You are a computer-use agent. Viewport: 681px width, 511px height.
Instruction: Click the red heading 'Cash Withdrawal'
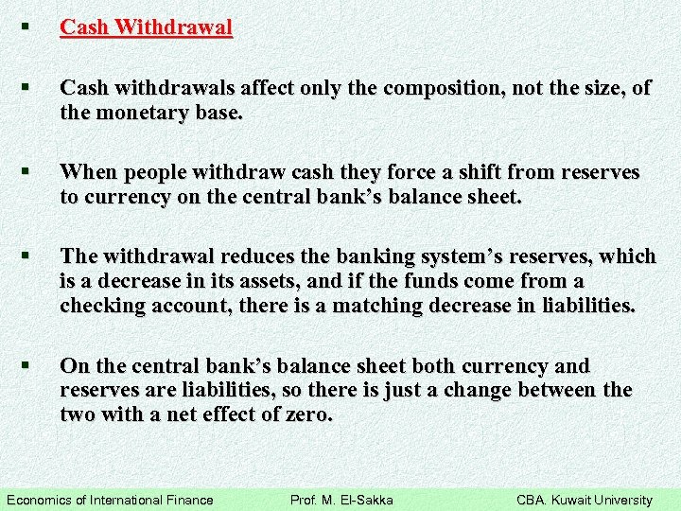pos(146,27)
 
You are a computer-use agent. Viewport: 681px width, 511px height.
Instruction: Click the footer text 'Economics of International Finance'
pos(110,500)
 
